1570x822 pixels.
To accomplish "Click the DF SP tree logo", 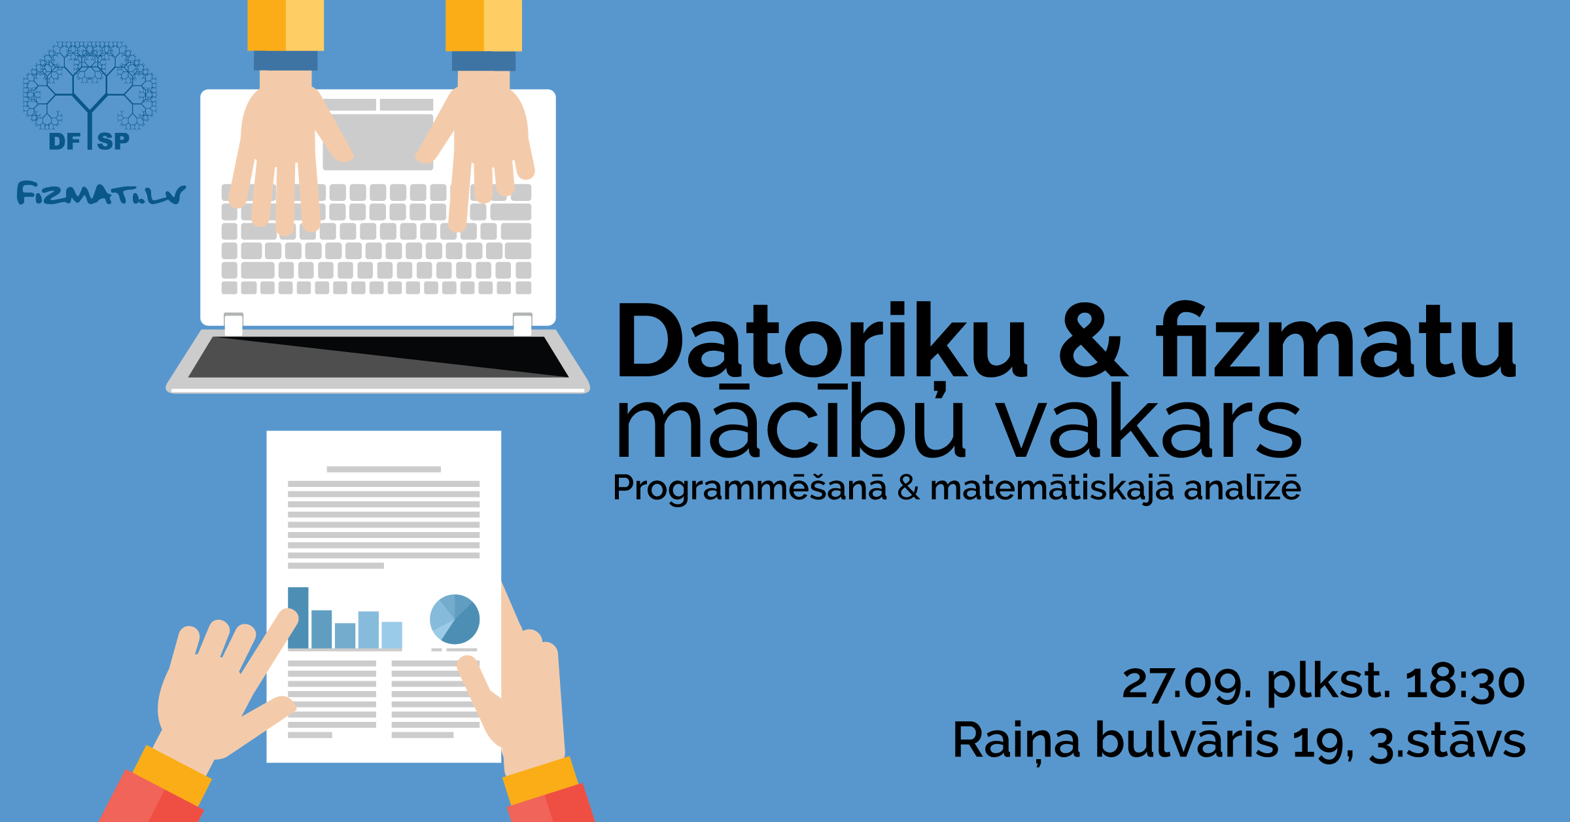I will [90, 95].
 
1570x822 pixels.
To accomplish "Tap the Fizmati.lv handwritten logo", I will [101, 194].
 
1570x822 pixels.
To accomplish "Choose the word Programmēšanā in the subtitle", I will [750, 488].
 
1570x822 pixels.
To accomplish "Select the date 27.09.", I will [1187, 682].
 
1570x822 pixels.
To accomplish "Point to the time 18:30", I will [1465, 682].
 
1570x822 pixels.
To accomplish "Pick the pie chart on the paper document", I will [455, 619].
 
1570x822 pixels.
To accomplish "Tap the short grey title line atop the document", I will [383, 469].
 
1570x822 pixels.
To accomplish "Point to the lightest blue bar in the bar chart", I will [392, 635].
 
